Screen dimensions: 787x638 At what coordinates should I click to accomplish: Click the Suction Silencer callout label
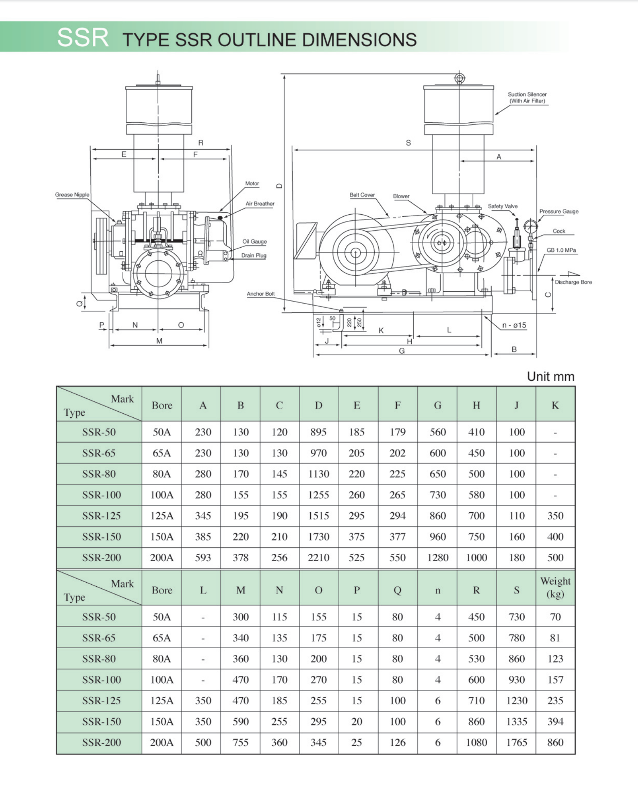click(527, 97)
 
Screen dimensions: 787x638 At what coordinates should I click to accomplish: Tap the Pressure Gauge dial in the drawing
click(530, 226)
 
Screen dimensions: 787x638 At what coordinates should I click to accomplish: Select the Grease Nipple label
click(72, 194)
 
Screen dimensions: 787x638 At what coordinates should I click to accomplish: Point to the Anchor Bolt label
click(260, 294)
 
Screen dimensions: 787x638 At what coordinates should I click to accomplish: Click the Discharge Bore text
click(573, 282)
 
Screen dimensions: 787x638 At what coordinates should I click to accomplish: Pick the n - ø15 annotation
click(514, 325)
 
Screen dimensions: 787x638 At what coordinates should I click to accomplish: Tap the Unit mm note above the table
click(550, 376)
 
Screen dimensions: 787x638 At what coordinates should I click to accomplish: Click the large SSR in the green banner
click(82, 37)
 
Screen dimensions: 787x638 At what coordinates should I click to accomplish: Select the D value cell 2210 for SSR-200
click(318, 557)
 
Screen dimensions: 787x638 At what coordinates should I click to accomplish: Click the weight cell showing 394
click(555, 721)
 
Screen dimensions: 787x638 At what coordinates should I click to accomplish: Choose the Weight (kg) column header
click(555, 588)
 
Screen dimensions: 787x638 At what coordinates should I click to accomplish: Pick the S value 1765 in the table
click(516, 742)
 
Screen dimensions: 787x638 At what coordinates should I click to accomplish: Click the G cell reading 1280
click(437, 557)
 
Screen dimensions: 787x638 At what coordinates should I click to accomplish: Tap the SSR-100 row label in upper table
click(101, 495)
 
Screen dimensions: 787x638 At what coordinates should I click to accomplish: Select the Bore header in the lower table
click(162, 590)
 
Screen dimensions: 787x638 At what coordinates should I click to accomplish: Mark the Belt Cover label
click(362, 195)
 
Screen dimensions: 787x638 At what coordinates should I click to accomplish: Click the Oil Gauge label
click(254, 241)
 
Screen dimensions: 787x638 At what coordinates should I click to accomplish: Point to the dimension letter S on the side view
click(408, 143)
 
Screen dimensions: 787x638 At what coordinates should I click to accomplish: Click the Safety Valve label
click(502, 206)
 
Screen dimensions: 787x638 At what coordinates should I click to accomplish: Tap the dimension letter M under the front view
click(159, 341)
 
